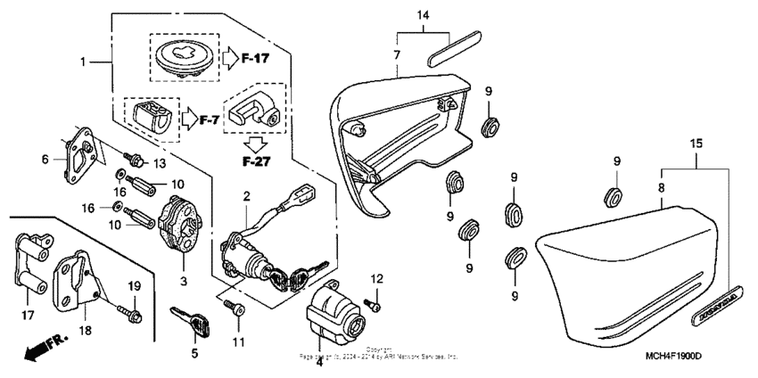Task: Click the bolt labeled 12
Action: coord(375,305)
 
